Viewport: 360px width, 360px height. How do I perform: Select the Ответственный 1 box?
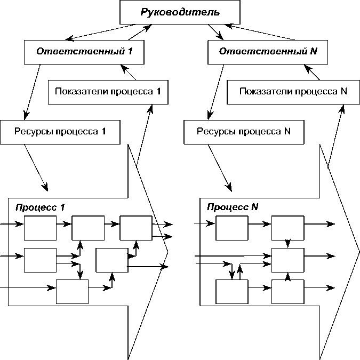click(x=84, y=52)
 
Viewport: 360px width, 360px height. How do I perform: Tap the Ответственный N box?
click(x=265, y=52)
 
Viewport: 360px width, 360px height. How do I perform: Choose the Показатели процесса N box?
click(x=293, y=91)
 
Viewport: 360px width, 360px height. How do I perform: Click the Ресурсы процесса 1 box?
click(x=60, y=131)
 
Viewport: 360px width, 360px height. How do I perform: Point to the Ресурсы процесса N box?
click(x=243, y=131)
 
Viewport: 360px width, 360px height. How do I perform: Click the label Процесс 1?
click(x=41, y=206)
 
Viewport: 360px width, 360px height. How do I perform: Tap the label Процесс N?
click(x=233, y=206)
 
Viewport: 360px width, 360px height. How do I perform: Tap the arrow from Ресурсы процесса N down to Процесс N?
click(x=219, y=167)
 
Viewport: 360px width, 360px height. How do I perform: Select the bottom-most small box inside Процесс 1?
click(x=72, y=291)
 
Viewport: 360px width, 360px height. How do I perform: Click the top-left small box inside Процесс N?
click(x=231, y=228)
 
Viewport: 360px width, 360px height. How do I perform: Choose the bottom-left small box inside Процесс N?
click(x=231, y=291)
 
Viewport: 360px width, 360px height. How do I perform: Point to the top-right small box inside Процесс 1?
click(x=135, y=228)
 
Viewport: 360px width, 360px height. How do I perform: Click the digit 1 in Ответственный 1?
click(x=130, y=52)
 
